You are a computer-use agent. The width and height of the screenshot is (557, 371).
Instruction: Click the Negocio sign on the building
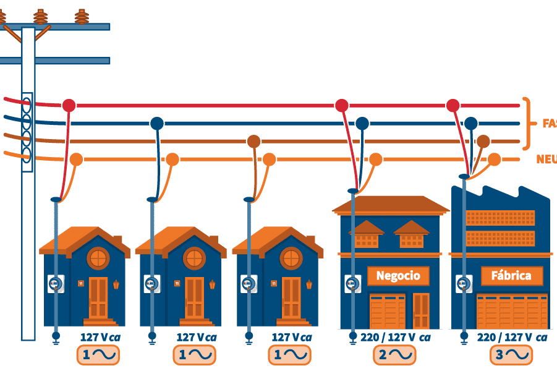pyautogui.click(x=398, y=276)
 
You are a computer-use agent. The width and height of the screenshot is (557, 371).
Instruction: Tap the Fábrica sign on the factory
pyautogui.click(x=511, y=276)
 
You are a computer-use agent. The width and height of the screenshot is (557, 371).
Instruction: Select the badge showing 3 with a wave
pyautogui.click(x=511, y=355)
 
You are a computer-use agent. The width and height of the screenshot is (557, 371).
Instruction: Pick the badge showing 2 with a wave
pyautogui.click(x=394, y=355)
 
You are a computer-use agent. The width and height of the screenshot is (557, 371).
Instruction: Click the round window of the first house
pyautogui.click(x=98, y=258)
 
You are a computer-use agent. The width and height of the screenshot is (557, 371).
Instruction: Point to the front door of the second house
pyautogui.click(x=194, y=298)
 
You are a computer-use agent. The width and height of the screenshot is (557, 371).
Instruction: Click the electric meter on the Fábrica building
pyautogui.click(x=464, y=284)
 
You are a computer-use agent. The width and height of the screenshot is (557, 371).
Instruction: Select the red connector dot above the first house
pyautogui.click(x=69, y=105)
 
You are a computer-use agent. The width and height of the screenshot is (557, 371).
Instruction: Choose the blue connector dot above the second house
pyautogui.click(x=157, y=123)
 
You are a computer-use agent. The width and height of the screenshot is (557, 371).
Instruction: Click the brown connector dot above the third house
pyautogui.click(x=253, y=141)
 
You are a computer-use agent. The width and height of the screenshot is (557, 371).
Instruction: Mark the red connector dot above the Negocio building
pyautogui.click(x=341, y=105)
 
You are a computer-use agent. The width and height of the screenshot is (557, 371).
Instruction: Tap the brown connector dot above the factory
pyautogui.click(x=483, y=141)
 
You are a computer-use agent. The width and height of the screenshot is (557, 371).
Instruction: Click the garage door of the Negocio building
pyautogui.click(x=387, y=311)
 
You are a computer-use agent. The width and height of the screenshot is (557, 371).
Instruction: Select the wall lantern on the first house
pyautogui.click(x=116, y=284)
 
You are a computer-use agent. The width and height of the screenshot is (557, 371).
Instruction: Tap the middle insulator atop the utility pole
pyautogui.click(x=41, y=17)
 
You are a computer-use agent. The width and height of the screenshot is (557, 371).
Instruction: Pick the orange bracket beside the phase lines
pyautogui.click(x=527, y=123)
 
